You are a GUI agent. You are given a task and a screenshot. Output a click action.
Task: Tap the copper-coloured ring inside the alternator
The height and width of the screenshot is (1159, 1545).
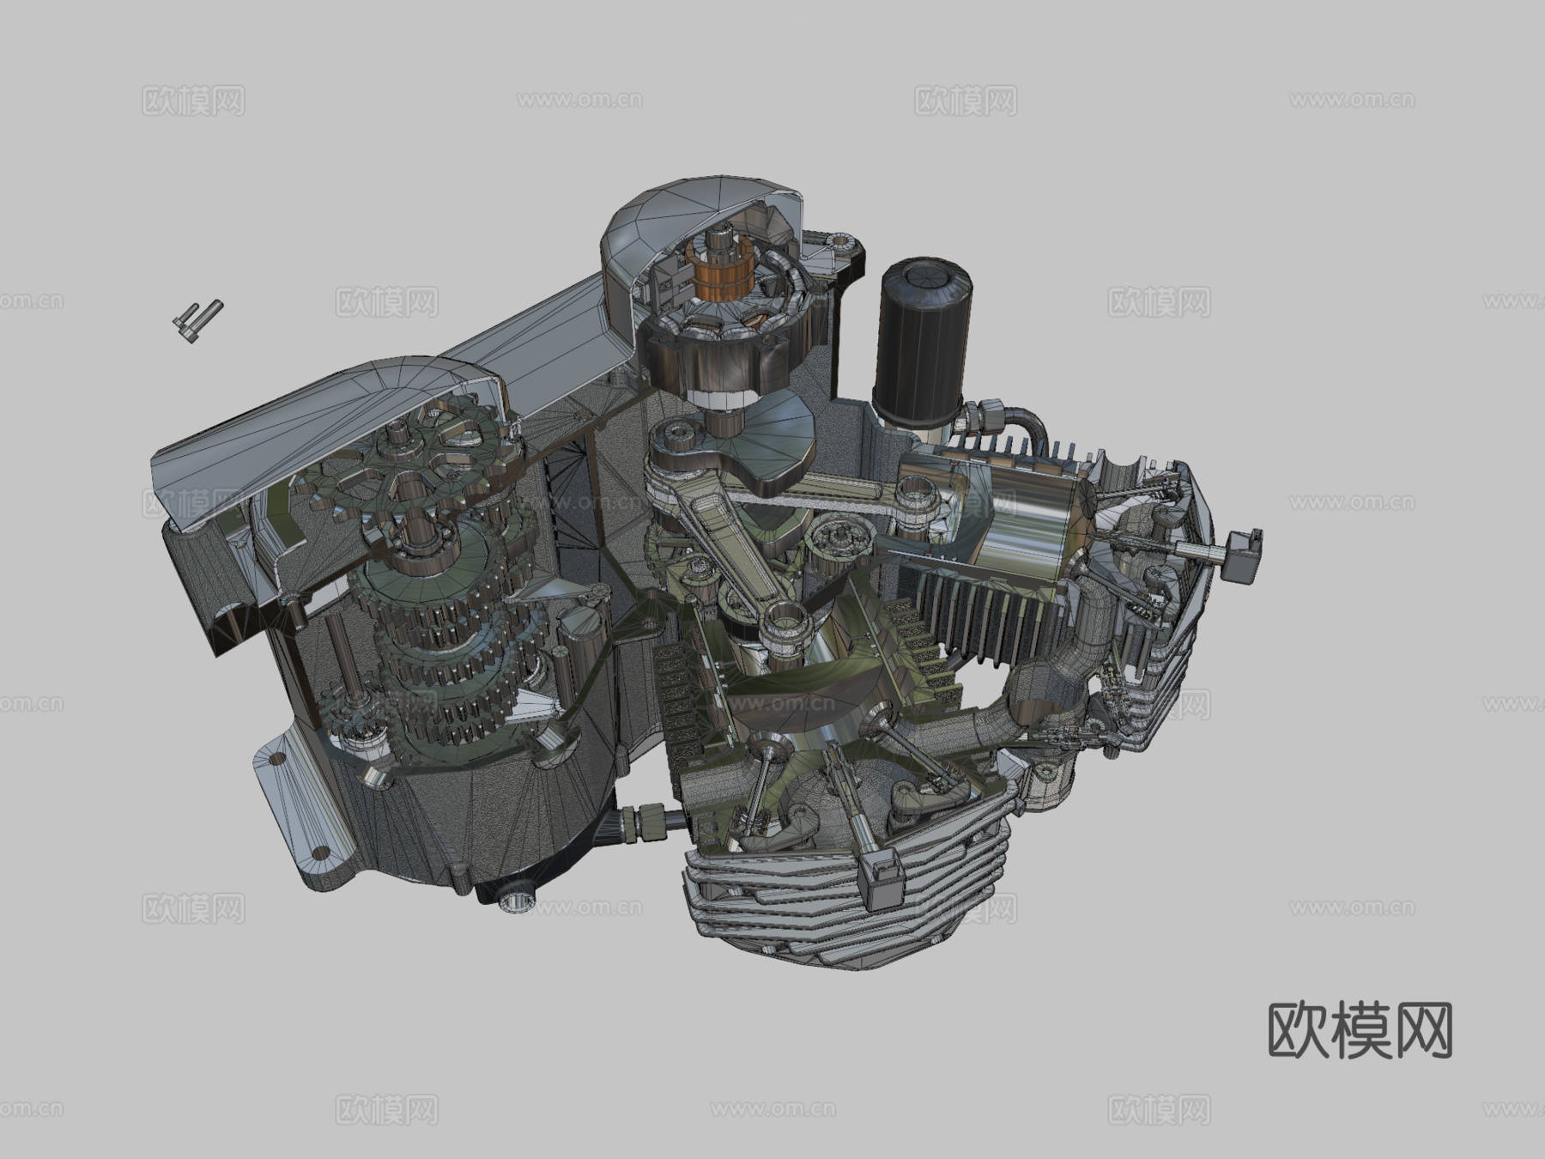pyautogui.click(x=719, y=275)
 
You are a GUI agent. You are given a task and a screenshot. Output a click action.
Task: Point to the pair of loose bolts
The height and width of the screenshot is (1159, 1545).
pyautogui.click(x=197, y=320)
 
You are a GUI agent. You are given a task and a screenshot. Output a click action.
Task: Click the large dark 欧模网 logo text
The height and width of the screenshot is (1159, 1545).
pyautogui.click(x=1360, y=1029)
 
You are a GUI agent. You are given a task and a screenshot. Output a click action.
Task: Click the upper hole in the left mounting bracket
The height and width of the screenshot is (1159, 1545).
pyautogui.click(x=276, y=759)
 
